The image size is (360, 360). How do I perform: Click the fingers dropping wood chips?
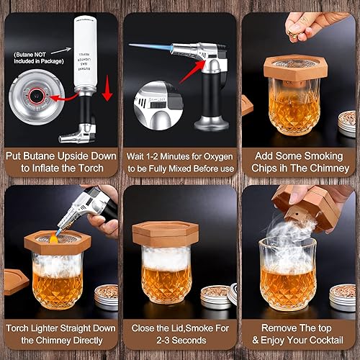coord(298,24)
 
